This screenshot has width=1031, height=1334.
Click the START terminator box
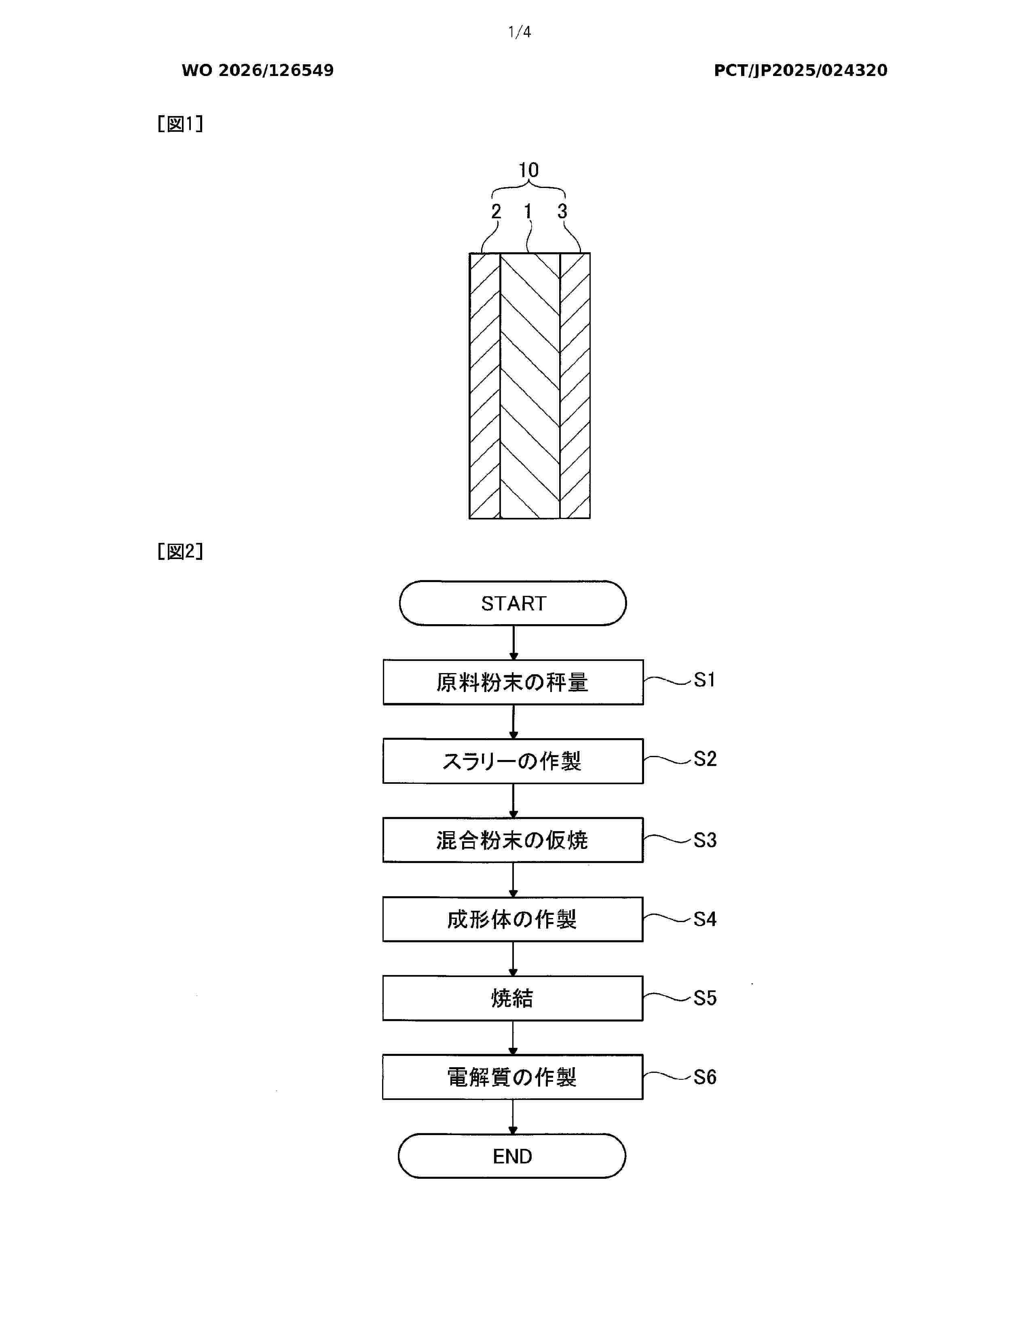(x=513, y=603)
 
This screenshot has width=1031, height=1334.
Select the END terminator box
(x=512, y=1156)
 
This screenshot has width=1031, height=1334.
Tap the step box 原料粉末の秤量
(x=513, y=682)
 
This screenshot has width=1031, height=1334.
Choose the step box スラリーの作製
(x=513, y=761)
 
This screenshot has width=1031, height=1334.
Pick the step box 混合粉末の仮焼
(x=513, y=840)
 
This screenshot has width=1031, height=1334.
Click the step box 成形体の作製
(x=513, y=919)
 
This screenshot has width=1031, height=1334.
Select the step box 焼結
(x=513, y=998)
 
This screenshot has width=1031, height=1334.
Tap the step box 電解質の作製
(x=513, y=1077)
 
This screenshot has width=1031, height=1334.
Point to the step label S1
(x=704, y=680)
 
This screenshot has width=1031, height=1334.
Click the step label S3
(x=705, y=840)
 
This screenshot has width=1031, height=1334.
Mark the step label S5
(x=705, y=998)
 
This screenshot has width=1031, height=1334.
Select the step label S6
(x=705, y=1077)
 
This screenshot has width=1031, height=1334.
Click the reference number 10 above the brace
(x=528, y=170)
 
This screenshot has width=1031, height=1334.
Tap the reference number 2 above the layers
(x=496, y=211)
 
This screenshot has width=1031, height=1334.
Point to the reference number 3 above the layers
(x=562, y=211)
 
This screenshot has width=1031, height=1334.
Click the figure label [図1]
(x=180, y=124)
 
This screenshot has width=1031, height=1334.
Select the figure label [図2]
(x=180, y=551)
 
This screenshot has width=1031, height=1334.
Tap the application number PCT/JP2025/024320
(x=801, y=70)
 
